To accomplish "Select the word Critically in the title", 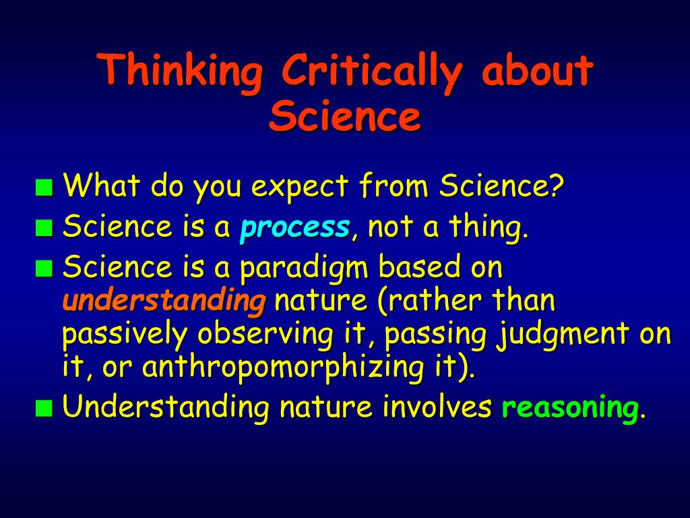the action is pyautogui.click(x=372, y=70).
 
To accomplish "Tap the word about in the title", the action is pyautogui.click(x=538, y=69).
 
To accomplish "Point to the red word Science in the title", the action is pyautogui.click(x=345, y=115).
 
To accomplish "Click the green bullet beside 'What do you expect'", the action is pyautogui.click(x=44, y=188).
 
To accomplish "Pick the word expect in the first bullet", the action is pyautogui.click(x=299, y=188).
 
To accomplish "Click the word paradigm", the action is pyautogui.click(x=304, y=268).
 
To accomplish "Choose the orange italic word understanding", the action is pyautogui.click(x=164, y=301).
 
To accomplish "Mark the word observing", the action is pyautogui.click(x=265, y=335).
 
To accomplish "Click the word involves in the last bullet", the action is pyautogui.click(x=437, y=405).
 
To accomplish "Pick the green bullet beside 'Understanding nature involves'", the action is pyautogui.click(x=44, y=408).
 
